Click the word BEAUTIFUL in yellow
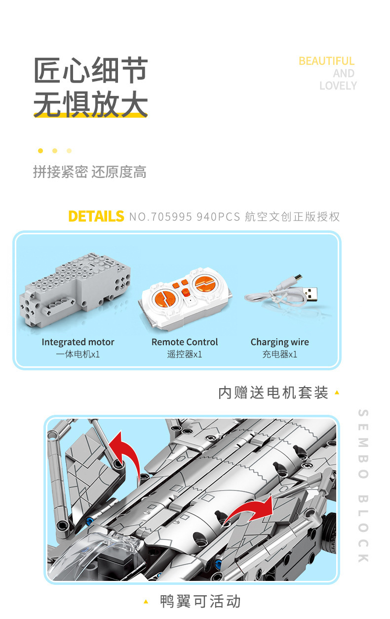pos(326,61)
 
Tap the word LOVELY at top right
pos(338,86)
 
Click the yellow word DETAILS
pos(96,216)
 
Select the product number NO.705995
pos(160,217)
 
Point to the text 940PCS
pos(218,217)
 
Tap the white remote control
pos(185,299)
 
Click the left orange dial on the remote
pos(164,299)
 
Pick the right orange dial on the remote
pos(204,284)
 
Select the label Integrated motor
pos(78,342)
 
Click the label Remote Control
pos(185,342)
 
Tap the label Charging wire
pos(279,343)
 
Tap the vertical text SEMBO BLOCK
pos(363,486)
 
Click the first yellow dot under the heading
pos(40,151)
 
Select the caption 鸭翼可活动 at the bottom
pos(200,601)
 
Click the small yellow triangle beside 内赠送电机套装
pos(337,393)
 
